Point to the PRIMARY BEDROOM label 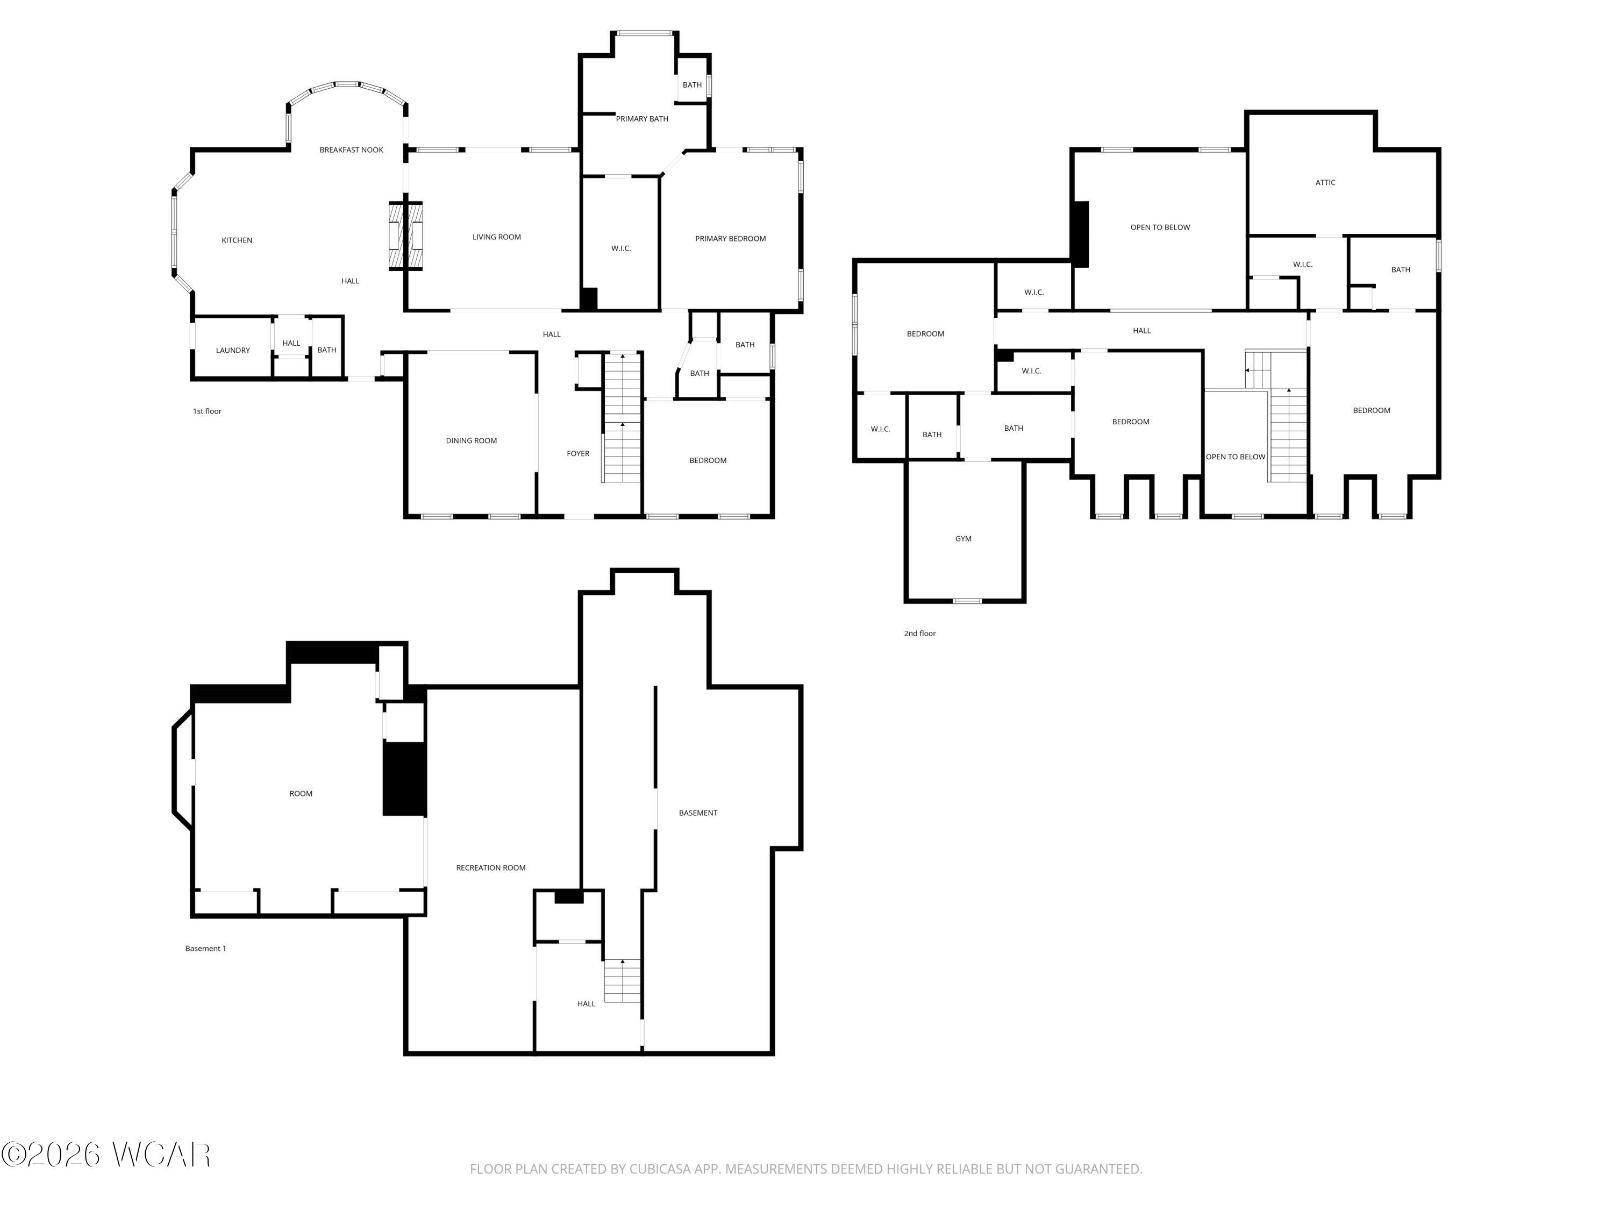coord(730,238)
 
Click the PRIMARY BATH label coord(641,119)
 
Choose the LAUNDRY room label coord(233,351)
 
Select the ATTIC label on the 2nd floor coord(1325,183)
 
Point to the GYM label coord(963,539)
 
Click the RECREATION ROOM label coord(491,868)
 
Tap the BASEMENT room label coord(698,813)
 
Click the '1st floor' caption coord(207,411)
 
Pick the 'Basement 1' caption coord(205,949)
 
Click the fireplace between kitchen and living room coord(405,236)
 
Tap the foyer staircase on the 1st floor coord(622,418)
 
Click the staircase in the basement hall coord(622,981)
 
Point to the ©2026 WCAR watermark coord(106,1155)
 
